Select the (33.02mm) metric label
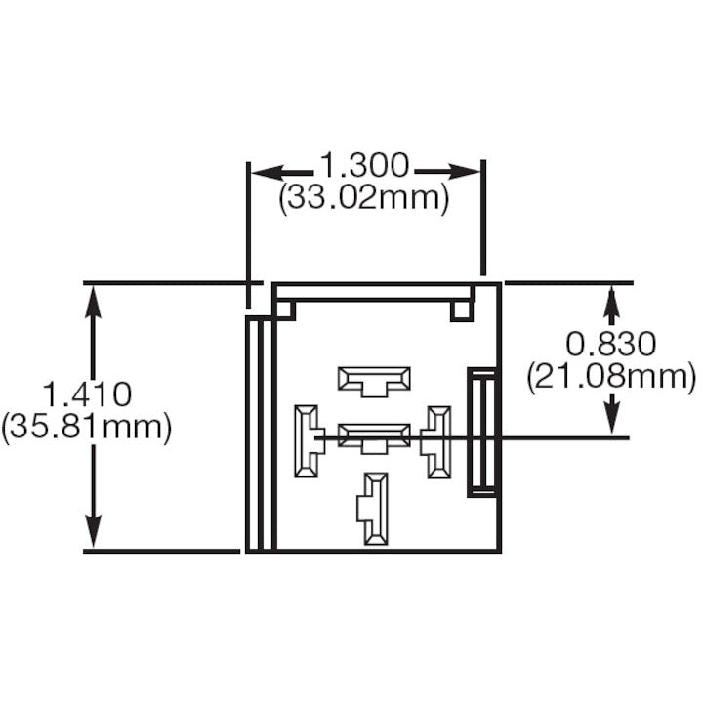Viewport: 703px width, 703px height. [x=364, y=198]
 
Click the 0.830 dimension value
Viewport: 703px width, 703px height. [x=611, y=344]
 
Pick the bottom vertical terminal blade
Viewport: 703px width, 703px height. [x=374, y=508]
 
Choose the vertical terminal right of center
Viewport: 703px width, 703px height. [x=437, y=441]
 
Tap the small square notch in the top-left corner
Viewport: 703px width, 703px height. [x=285, y=310]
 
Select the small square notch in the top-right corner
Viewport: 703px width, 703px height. [x=462, y=310]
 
